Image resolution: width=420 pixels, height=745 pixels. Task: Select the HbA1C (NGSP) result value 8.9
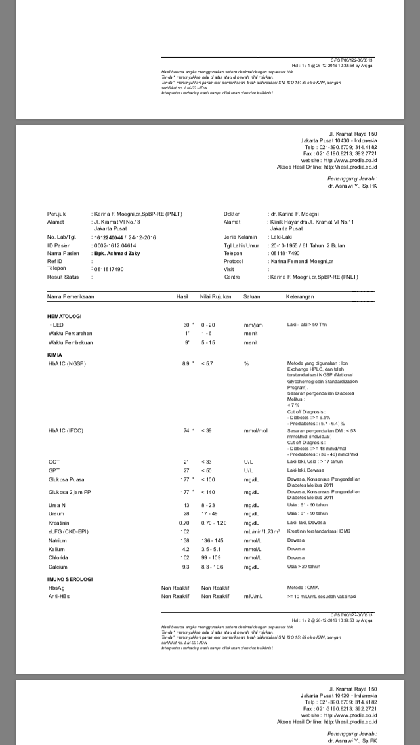185,363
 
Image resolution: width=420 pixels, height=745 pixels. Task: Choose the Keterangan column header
300,297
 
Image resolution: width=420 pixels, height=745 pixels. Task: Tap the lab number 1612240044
108,237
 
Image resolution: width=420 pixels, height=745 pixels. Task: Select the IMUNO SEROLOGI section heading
70,580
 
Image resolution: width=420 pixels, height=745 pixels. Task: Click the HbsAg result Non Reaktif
175,588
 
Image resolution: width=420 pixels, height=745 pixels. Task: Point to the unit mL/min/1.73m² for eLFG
262,531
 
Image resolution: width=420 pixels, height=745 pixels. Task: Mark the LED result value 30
186,325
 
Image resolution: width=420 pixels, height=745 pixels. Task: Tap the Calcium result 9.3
186,567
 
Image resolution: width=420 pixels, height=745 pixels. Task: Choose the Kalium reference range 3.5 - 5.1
213,549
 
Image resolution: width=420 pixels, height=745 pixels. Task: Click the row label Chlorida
58,557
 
